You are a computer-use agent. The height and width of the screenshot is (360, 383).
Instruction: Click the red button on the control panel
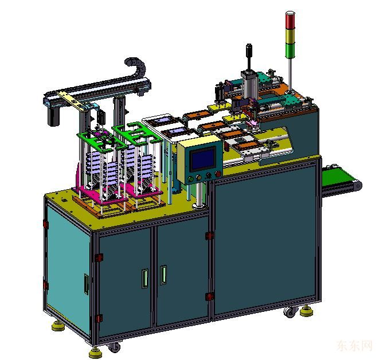(218, 174)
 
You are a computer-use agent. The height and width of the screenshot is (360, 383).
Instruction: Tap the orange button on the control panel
(199, 178)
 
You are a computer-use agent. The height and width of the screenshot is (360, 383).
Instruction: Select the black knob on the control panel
(208, 175)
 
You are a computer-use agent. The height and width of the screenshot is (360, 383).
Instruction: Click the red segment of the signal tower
(290, 20)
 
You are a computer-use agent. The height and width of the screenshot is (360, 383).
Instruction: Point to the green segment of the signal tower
(290, 51)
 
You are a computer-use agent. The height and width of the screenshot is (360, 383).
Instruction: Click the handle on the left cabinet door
(145, 279)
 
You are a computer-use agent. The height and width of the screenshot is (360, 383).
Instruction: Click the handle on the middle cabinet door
(163, 275)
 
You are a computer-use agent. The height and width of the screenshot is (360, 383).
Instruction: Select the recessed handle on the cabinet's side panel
(87, 284)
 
